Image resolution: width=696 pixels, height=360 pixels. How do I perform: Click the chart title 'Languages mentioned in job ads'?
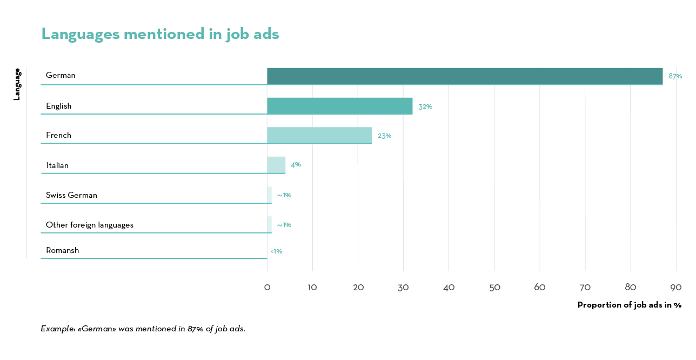click(160, 34)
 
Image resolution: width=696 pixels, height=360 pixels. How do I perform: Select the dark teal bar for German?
click(465, 76)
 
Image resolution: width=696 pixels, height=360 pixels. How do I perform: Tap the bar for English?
click(339, 106)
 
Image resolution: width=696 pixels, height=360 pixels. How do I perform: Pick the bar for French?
click(319, 135)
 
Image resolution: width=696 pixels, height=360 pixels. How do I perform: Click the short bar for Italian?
click(276, 165)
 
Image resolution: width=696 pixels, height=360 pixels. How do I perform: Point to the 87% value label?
click(675, 76)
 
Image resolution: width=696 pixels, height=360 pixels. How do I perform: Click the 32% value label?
click(425, 106)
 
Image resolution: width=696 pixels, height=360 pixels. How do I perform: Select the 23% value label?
click(384, 136)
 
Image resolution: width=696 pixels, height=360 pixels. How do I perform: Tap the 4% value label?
click(296, 164)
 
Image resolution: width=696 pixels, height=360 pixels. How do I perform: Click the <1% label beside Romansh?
click(276, 251)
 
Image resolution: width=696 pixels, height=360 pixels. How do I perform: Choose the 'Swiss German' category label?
click(71, 195)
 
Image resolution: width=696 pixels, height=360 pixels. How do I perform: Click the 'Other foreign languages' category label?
click(90, 225)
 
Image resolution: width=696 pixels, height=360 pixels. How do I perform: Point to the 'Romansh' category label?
click(62, 250)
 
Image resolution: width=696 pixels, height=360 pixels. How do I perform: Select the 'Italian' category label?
click(57, 165)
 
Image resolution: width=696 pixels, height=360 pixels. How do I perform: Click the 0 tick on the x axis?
click(267, 288)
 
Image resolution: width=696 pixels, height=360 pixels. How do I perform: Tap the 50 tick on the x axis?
click(494, 288)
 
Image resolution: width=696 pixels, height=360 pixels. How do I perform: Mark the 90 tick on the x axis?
click(676, 288)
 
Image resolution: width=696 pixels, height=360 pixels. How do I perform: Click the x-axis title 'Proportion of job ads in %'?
click(629, 305)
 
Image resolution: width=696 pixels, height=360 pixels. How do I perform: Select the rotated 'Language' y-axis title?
click(17, 84)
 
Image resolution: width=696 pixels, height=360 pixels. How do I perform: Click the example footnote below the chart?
click(143, 329)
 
